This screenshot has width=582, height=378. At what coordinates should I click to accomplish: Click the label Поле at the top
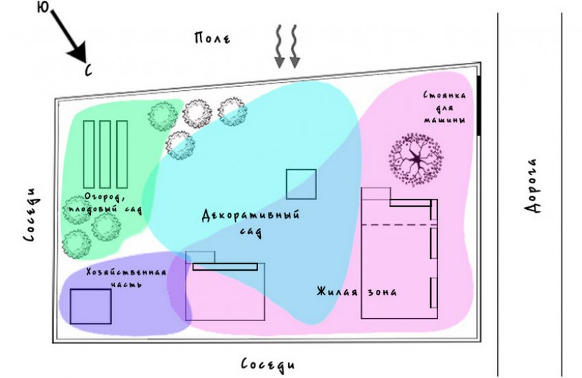[x=212, y=38]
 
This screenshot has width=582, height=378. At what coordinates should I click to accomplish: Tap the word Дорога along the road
[x=534, y=186]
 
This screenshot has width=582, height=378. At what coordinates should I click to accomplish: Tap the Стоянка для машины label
[x=445, y=108]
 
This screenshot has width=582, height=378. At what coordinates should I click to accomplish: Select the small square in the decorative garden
[x=301, y=184]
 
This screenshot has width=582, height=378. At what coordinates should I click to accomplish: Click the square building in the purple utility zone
[x=90, y=306]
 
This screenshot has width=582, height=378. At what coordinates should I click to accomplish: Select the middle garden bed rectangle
[x=105, y=153]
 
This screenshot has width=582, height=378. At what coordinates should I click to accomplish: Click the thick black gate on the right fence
[x=479, y=105]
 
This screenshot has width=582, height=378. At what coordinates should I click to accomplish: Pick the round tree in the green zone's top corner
[x=162, y=116]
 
